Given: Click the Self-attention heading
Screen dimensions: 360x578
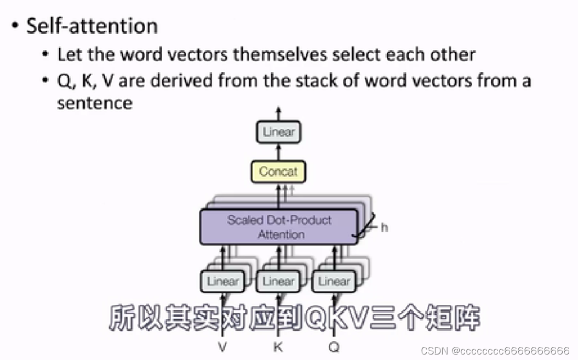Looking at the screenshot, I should [91, 26].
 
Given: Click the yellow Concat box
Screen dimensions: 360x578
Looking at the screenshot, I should [278, 172].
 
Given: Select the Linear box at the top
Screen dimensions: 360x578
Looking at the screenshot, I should [278, 132].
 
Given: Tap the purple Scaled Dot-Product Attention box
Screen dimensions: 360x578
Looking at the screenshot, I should [279, 227].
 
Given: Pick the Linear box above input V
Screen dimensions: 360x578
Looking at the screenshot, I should [222, 282].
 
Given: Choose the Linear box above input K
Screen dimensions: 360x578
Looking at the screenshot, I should [278, 282].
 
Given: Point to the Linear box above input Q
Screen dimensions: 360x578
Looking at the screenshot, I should [334, 282].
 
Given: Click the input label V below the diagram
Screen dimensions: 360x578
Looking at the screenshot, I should [222, 346].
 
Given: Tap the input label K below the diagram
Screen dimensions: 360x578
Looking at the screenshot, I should [278, 346].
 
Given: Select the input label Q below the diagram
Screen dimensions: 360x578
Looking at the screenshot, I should [334, 346].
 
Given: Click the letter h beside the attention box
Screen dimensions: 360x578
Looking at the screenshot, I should [384, 227].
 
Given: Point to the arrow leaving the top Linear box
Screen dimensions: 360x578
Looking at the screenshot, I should [278, 113].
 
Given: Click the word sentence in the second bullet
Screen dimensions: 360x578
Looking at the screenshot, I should [94, 102].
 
